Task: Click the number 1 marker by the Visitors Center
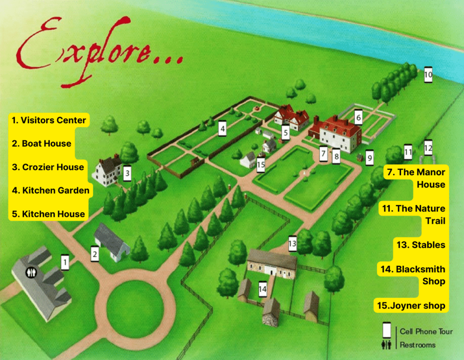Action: (x=65, y=262)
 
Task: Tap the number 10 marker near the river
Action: (x=428, y=75)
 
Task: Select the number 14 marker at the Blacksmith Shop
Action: (x=262, y=288)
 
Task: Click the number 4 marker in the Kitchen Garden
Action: (x=222, y=129)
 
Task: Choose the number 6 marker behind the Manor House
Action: (x=358, y=117)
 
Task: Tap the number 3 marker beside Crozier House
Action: (x=127, y=173)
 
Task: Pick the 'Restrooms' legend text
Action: (x=417, y=345)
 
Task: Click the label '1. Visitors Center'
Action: (x=49, y=120)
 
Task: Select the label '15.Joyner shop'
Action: (x=411, y=306)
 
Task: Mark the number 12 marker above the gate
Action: (x=428, y=148)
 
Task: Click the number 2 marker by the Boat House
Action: (x=95, y=254)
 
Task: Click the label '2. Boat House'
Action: (x=42, y=144)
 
